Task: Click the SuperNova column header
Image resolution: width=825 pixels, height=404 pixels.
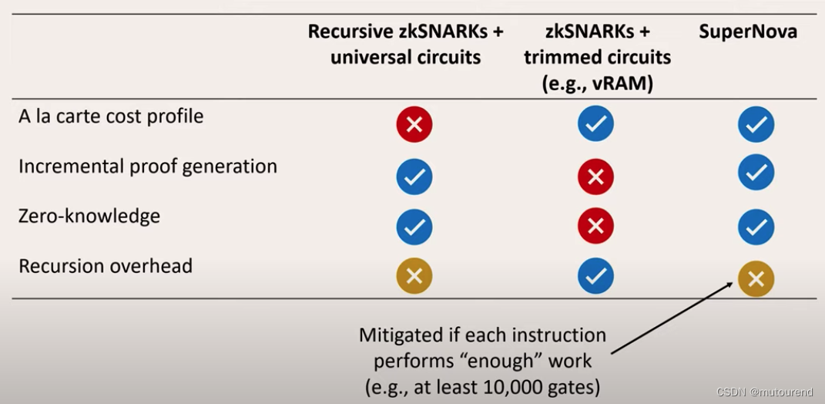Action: (747, 32)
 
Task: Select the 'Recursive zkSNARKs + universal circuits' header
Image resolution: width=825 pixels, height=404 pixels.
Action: (405, 45)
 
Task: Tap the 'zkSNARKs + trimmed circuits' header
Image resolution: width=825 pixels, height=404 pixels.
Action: (597, 57)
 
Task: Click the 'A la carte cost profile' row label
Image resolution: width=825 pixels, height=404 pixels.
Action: (111, 116)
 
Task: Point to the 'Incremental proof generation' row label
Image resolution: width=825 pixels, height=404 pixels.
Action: (147, 167)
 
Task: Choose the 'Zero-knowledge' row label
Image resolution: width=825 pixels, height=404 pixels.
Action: (89, 216)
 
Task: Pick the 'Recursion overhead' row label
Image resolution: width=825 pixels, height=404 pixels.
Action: (106, 266)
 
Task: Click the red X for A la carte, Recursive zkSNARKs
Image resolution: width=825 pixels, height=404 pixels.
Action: (414, 125)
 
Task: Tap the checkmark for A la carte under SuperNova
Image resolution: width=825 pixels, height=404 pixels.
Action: (756, 125)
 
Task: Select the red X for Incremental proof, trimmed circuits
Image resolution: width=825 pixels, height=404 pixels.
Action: (595, 177)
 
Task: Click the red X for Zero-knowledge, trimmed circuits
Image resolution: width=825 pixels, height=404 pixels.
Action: (595, 227)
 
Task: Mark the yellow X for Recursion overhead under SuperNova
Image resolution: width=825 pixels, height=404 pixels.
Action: (756, 279)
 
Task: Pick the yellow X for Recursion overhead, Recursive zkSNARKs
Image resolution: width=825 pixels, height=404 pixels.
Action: (414, 276)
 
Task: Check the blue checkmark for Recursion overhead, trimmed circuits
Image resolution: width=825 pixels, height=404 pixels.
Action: (595, 276)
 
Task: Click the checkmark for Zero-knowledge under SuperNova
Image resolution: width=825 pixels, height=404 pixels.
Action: (756, 227)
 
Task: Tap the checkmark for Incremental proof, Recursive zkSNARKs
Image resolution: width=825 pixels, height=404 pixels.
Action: (414, 177)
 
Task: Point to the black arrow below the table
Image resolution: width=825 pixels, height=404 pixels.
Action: (670, 318)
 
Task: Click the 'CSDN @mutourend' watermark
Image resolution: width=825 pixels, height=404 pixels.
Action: (764, 392)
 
